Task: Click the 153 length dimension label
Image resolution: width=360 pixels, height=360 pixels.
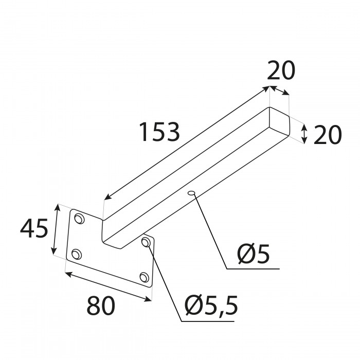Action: tap(159, 132)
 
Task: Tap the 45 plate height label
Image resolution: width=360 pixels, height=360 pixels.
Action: tap(34, 228)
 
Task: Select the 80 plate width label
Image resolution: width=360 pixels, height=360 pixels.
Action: tap(101, 306)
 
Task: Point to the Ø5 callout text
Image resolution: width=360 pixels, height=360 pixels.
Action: tap(253, 254)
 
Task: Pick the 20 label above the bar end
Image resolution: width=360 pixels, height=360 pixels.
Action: tap(281, 70)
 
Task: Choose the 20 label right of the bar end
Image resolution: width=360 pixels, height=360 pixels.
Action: tap(328, 135)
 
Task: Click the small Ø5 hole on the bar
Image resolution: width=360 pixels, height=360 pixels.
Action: tap(191, 193)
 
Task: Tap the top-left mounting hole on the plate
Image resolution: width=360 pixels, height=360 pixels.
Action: tap(79, 219)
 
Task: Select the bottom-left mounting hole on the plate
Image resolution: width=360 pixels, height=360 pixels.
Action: tap(77, 254)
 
